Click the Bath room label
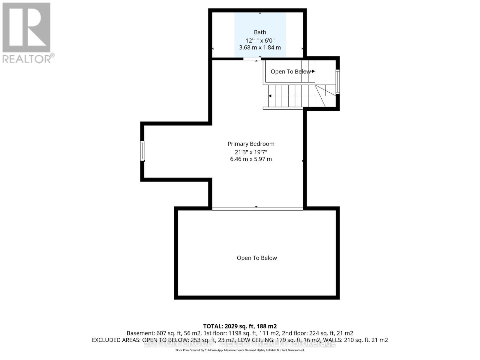pos(260,32)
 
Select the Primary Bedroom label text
pos(251,144)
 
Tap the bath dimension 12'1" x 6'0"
pos(260,40)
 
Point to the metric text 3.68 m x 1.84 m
pos(260,47)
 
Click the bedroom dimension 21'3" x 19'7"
pos(251,152)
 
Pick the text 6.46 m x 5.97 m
pos(251,159)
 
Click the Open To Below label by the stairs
pos(290,71)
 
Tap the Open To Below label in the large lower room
pos(257,258)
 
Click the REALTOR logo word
pos(28,58)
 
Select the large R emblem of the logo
pos(26,27)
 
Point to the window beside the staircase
pos(337,82)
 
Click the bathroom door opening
pos(251,59)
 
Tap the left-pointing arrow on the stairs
pos(270,96)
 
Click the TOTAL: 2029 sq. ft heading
pos(240,326)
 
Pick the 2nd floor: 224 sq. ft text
pos(330,333)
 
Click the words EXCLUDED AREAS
pos(116,340)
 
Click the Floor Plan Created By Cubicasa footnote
pos(240,350)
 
